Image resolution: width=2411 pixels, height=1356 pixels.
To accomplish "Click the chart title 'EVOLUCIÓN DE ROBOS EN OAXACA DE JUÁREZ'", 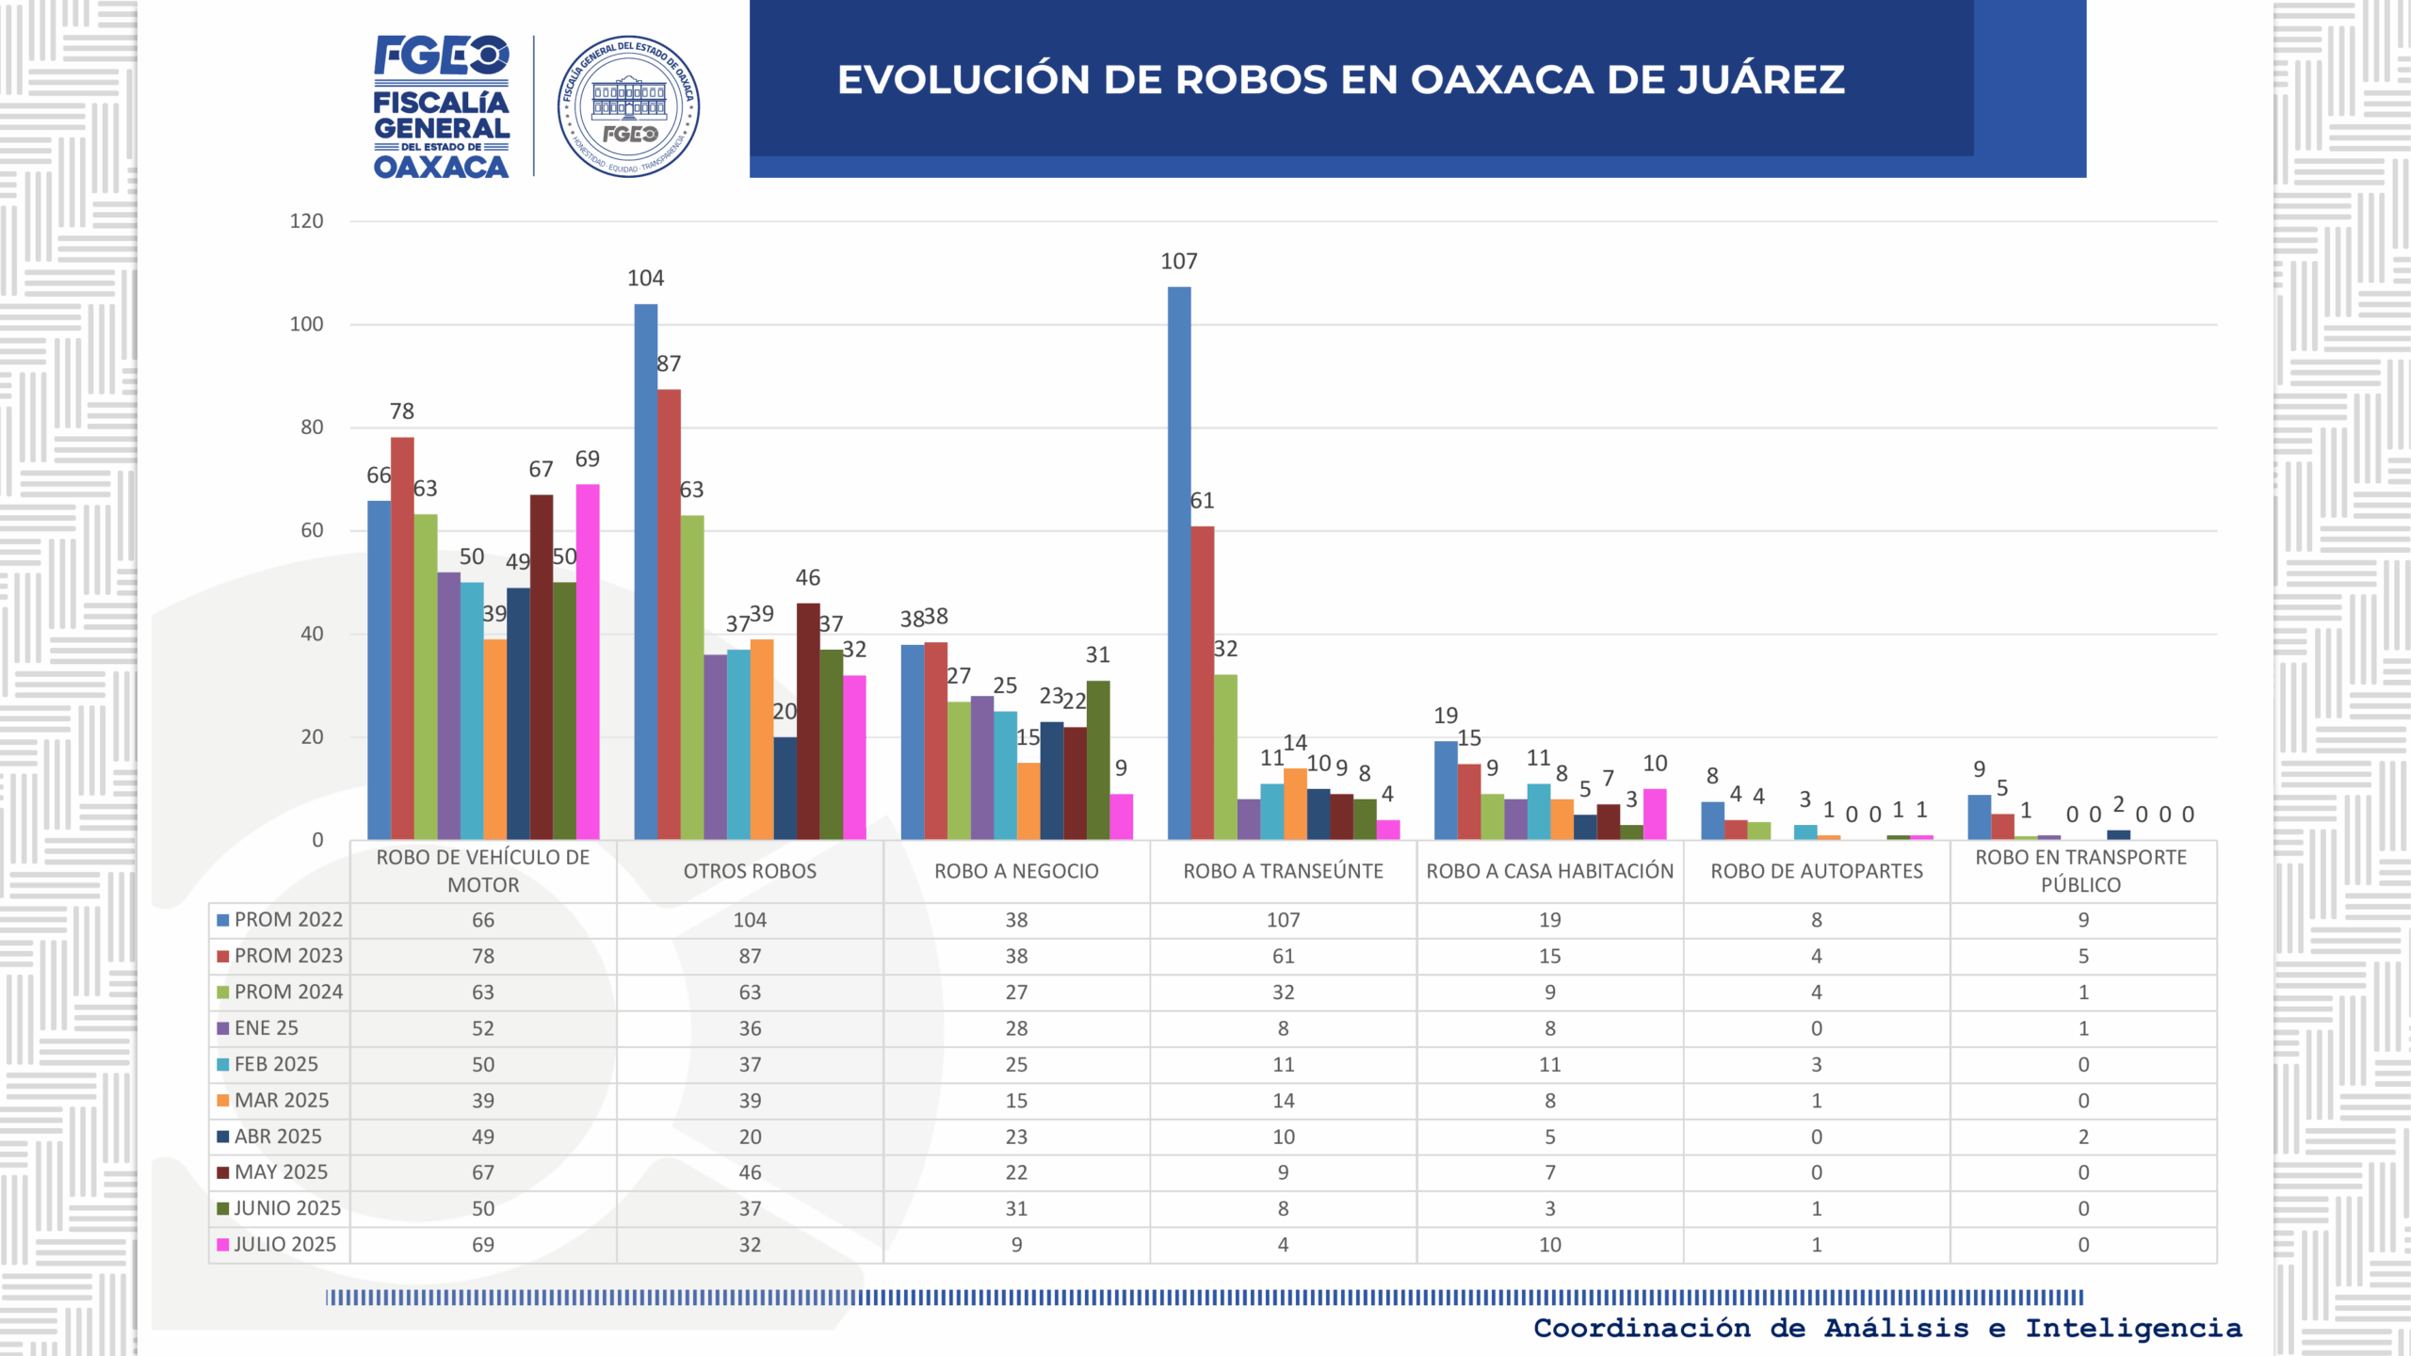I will pos(1340,80).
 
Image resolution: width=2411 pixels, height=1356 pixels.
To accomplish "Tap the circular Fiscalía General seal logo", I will pos(628,106).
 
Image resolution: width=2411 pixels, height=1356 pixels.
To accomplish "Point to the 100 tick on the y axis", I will pos(306,325).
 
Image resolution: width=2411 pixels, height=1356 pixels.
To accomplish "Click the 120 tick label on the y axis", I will pos(306,221).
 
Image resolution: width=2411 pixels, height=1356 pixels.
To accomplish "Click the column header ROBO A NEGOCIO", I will pos(1016,871).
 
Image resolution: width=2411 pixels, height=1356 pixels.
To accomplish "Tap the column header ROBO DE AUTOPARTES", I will pos(1817,871).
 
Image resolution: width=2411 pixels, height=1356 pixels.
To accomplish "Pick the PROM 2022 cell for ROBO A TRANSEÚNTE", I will pos(1283,920).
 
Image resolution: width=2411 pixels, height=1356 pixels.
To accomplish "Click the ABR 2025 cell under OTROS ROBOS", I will pos(750,1137).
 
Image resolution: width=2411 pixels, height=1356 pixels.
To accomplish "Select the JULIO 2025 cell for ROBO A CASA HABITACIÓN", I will pos(1549,1245).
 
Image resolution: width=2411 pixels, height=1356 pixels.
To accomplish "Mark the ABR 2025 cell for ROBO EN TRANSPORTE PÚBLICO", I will pos(2082,1137).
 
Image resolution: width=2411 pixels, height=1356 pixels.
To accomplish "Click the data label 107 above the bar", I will pos(1179,262).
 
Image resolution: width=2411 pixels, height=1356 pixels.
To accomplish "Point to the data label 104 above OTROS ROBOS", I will pos(646,279).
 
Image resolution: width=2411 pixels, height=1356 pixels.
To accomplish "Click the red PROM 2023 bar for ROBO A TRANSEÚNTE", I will pos(1203,683).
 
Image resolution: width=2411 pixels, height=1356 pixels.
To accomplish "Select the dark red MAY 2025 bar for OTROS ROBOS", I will pos(808,721).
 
